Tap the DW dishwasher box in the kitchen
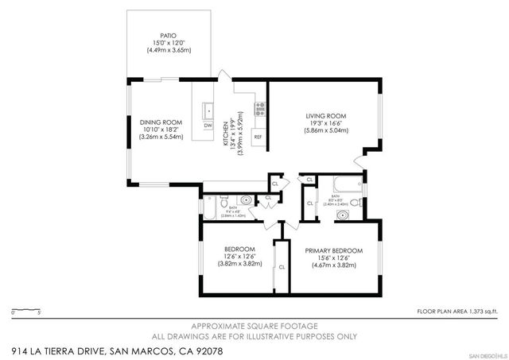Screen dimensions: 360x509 click(208, 126)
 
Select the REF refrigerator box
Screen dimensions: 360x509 click(258, 137)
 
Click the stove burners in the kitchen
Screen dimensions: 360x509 click(259, 106)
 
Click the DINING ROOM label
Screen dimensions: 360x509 click(156, 122)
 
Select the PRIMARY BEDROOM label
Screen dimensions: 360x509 click(333, 250)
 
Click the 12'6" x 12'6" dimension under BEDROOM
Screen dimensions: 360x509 click(239, 256)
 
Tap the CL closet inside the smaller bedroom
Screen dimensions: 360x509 click(281, 267)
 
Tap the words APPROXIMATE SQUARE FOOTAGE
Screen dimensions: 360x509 click(254, 326)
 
